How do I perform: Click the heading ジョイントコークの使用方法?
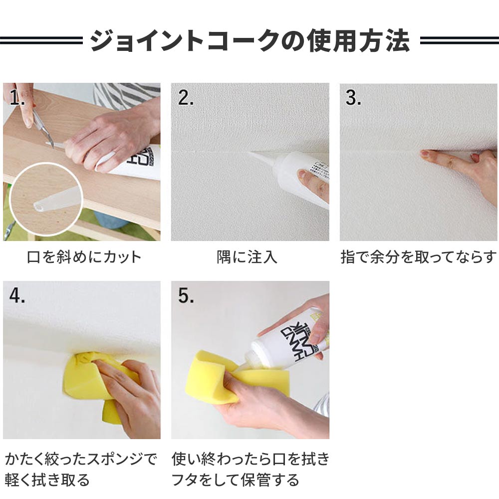click(250, 40)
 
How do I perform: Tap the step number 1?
click(17, 97)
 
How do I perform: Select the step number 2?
click(186, 97)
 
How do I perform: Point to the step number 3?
click(353, 97)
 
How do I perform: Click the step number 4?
click(17, 295)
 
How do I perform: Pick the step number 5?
click(186, 295)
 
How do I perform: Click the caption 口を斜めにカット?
click(84, 257)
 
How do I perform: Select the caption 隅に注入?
click(247, 257)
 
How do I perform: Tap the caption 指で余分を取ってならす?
click(419, 257)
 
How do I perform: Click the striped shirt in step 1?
click(127, 95)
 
